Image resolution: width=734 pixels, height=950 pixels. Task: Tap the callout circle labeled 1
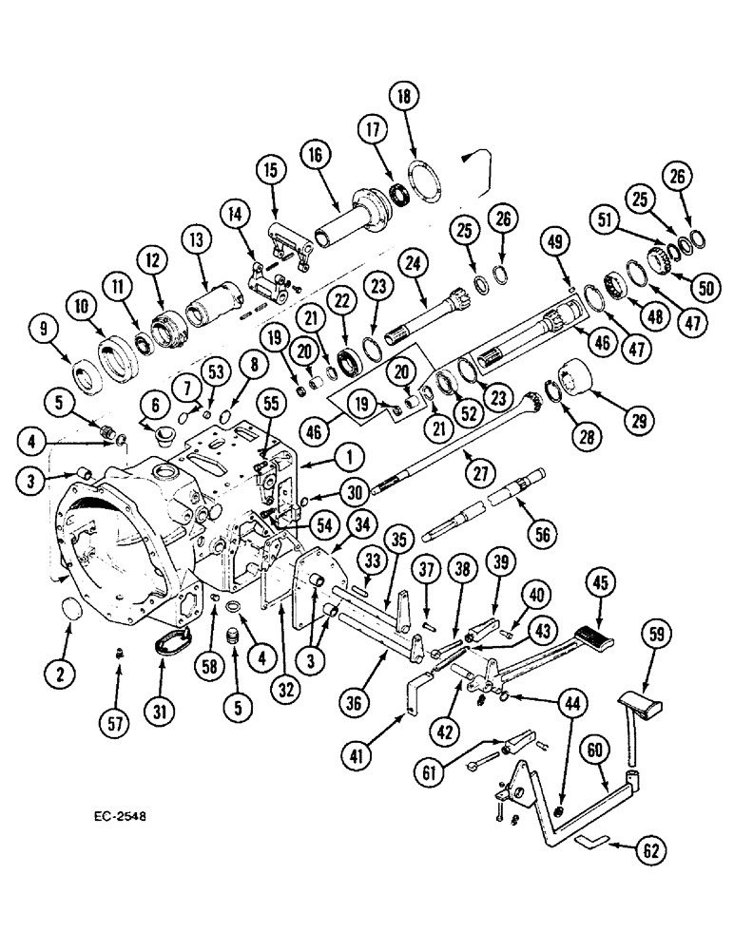(350, 457)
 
